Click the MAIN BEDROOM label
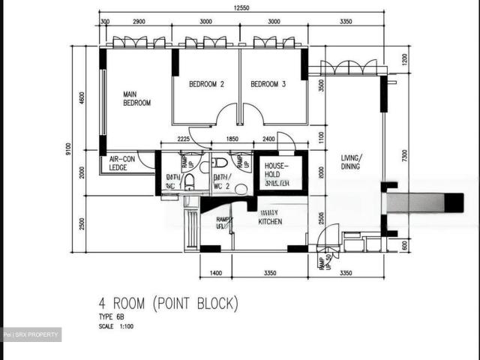(137, 98)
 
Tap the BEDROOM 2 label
(205, 85)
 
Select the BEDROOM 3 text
(268, 85)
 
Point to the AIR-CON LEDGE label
(124, 163)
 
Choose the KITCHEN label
(270, 217)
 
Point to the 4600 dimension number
(82, 99)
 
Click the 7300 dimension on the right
(404, 155)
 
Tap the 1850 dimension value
(232, 139)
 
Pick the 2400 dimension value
(269, 139)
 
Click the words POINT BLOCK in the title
(196, 304)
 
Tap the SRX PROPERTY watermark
(31, 334)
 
